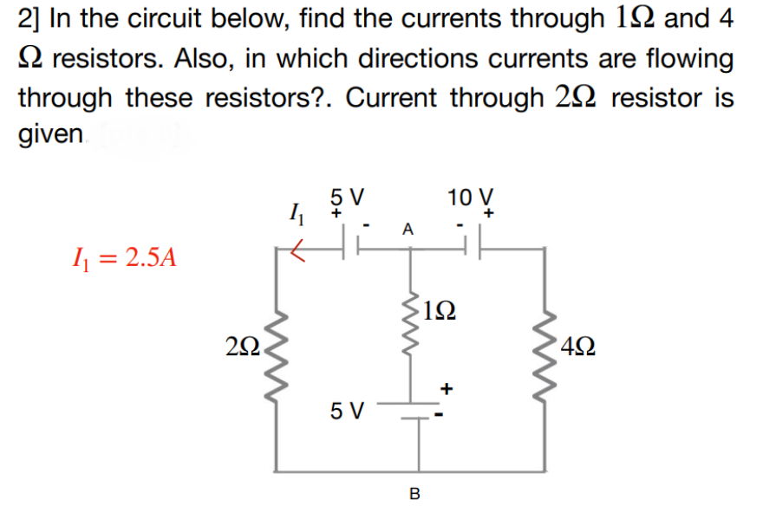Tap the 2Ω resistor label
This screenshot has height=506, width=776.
(241, 349)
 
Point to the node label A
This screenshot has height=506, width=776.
(408, 230)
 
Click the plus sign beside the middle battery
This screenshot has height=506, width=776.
(447, 389)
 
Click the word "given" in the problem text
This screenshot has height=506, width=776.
(52, 136)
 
